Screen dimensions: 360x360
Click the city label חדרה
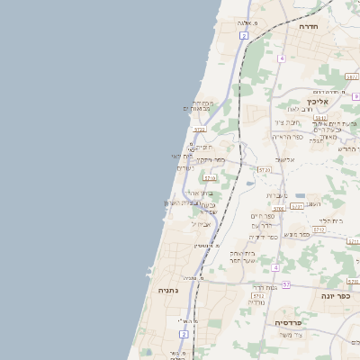313,28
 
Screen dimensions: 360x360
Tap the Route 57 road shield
286,284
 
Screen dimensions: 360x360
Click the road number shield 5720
264,169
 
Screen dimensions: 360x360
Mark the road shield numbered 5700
279,208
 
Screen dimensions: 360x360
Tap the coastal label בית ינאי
183,157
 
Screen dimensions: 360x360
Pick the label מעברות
276,195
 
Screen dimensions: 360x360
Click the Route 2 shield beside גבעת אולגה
243,35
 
